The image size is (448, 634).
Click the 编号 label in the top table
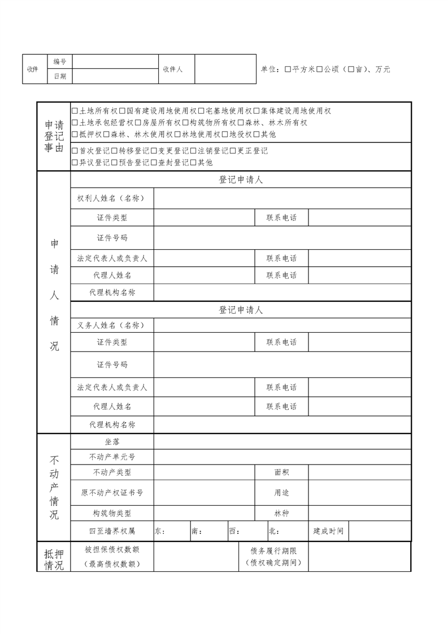coord(59,62)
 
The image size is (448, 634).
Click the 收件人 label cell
coord(172,69)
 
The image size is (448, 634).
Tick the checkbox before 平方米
coord(288,69)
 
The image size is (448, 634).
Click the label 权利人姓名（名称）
coord(111,198)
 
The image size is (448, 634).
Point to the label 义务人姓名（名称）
coord(111,325)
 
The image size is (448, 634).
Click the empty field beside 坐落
coord(282,441)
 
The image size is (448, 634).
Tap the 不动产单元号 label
coord(112,457)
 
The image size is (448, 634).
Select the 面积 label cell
coord(281,472)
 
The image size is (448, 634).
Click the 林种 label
coord(281,513)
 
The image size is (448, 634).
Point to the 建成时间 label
coord(328,531)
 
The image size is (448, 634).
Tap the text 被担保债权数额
coord(112,549)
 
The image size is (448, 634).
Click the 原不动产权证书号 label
coord(112,493)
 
